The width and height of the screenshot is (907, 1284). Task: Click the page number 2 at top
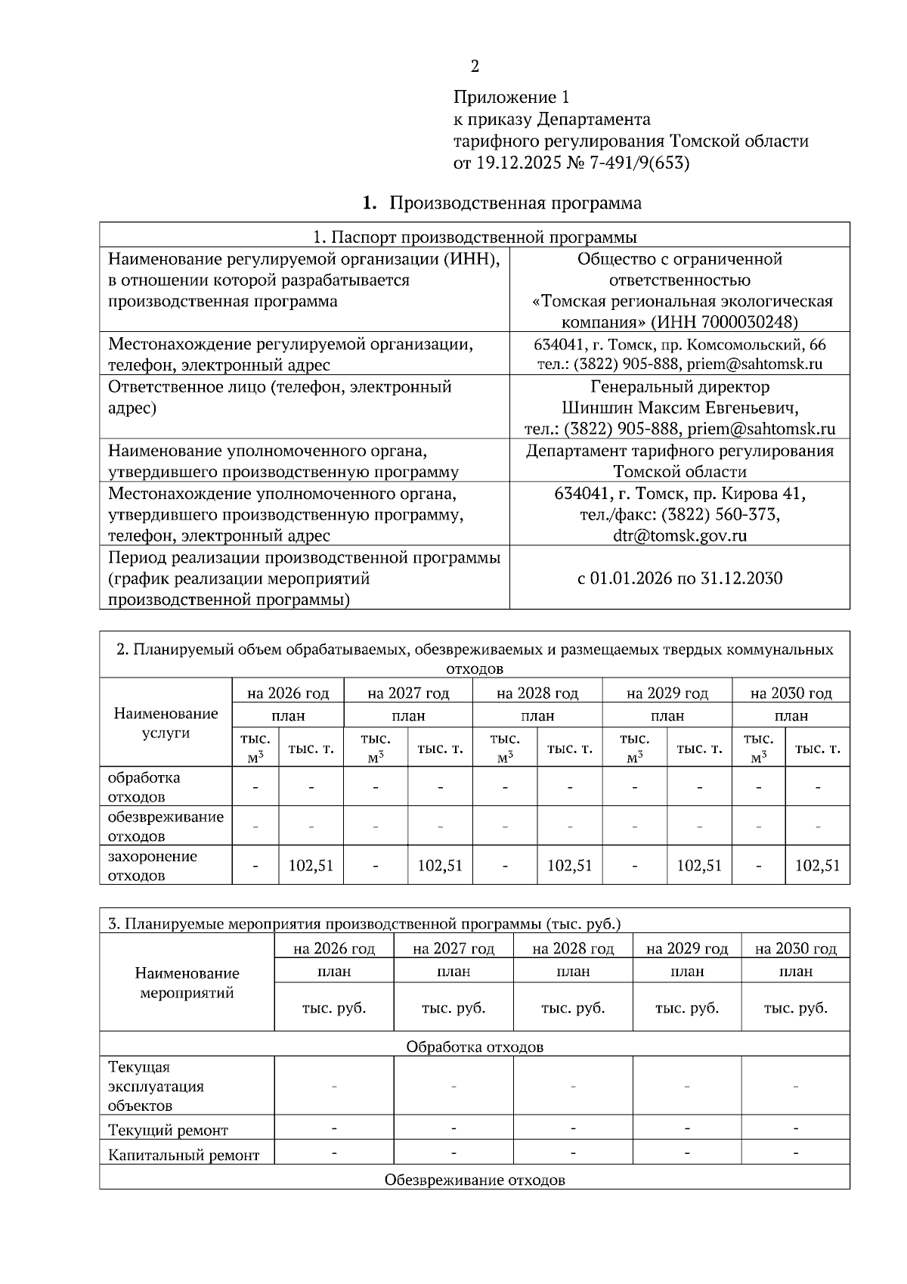click(475, 67)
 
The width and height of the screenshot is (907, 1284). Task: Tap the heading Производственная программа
click(515, 203)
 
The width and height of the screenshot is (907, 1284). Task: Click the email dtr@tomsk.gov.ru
click(679, 536)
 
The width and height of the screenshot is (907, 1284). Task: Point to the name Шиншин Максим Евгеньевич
click(679, 408)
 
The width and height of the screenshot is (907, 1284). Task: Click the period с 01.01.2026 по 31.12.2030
click(679, 578)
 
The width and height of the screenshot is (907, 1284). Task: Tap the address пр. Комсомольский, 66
click(756, 345)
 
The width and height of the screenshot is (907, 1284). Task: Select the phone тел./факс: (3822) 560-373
click(679, 515)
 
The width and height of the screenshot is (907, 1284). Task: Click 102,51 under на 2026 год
click(311, 865)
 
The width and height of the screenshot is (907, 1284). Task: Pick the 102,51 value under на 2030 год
click(817, 865)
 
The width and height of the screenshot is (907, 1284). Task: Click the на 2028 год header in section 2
click(537, 693)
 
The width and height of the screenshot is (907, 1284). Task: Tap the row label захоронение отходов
click(153, 866)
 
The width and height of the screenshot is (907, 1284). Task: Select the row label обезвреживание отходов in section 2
click(166, 827)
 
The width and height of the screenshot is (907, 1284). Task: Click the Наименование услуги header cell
click(166, 723)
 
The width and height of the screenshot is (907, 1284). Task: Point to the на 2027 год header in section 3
click(453, 948)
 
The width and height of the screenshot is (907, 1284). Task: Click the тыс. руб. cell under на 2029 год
click(686, 1008)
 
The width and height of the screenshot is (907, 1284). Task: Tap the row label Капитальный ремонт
click(184, 1155)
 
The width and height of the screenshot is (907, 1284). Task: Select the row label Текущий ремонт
click(168, 1130)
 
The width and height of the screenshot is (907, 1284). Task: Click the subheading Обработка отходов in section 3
click(475, 1047)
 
